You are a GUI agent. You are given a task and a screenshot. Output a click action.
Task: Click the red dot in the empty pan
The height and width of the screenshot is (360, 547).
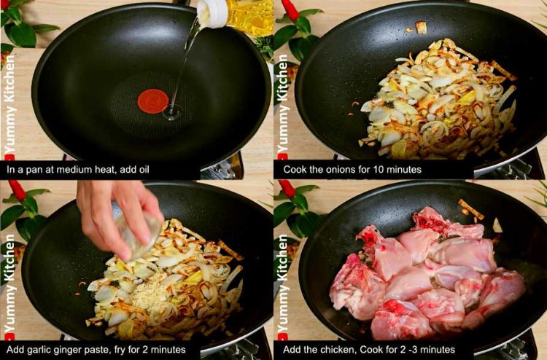[152, 101]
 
